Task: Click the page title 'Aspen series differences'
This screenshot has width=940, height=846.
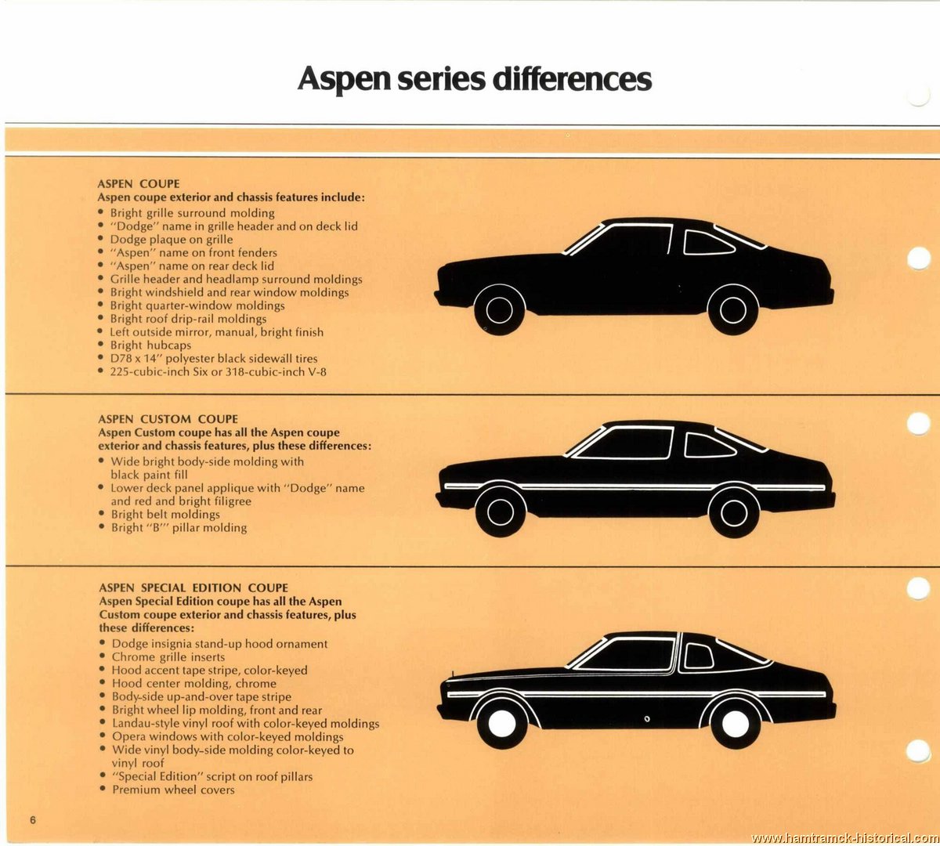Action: (x=474, y=78)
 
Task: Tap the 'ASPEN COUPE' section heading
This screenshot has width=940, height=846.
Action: (x=138, y=184)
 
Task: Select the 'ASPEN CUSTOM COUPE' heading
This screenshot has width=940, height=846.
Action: (x=168, y=419)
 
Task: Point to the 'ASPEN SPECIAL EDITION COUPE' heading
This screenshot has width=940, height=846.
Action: (x=193, y=587)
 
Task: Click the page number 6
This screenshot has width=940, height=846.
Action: (x=32, y=819)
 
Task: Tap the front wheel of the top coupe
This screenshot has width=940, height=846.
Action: (x=500, y=309)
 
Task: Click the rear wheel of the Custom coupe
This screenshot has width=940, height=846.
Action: (x=734, y=512)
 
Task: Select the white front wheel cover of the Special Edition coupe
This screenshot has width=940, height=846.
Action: (x=502, y=723)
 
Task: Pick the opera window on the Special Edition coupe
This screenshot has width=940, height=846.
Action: (x=699, y=656)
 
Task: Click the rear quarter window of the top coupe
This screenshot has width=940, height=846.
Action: (x=707, y=243)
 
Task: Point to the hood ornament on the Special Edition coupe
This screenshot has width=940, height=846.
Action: (x=453, y=674)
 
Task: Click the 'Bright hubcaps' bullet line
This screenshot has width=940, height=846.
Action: (x=150, y=345)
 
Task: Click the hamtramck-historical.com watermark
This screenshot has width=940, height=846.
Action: (x=844, y=838)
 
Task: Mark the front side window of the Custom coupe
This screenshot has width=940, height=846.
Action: (x=627, y=443)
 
